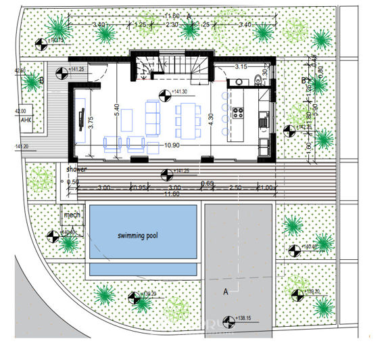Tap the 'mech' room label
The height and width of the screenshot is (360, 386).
pos(72,215)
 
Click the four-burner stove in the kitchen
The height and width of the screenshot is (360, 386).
pos(237,112)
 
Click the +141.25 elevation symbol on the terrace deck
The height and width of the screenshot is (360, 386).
pos(166,173)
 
